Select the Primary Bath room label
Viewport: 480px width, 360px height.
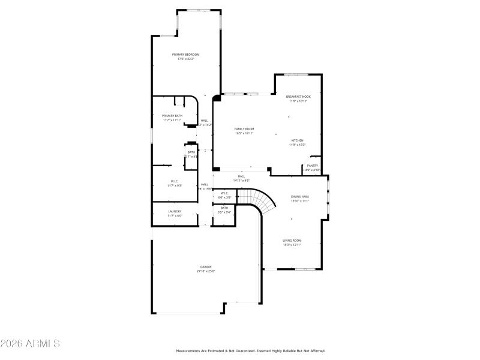172,116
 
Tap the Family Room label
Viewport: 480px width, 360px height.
244,129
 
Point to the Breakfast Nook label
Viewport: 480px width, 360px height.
298,97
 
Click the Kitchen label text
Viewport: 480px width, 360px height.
298,140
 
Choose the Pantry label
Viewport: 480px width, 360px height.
313,166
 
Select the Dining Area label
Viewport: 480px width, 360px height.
300,197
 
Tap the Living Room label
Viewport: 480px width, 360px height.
292,241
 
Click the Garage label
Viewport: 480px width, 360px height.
206,266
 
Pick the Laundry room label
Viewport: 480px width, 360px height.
175,211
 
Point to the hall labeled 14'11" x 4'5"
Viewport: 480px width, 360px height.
241,178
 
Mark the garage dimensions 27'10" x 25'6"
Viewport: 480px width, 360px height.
206,271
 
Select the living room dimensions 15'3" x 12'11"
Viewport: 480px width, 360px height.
292,245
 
